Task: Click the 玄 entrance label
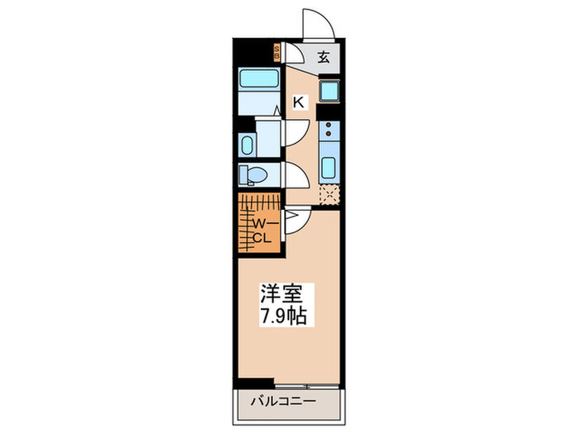coord(325,57)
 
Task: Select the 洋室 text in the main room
coord(282,293)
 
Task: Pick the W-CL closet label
coord(262,231)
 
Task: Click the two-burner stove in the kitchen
coord(328,129)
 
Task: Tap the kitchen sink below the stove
coord(328,166)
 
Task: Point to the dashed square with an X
coord(329,195)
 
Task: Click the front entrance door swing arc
coord(320,23)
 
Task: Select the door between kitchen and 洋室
coord(297,221)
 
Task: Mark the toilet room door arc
coord(296,176)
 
